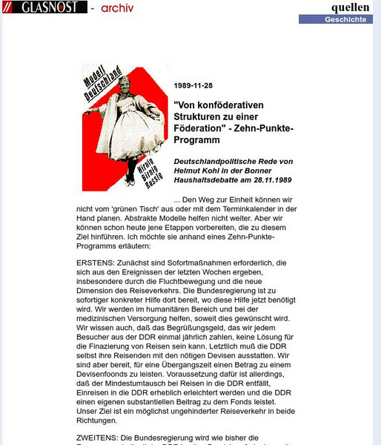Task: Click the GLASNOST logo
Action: [x=42, y=8]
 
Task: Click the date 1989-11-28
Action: [x=193, y=85]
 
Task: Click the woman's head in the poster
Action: [x=118, y=87]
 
